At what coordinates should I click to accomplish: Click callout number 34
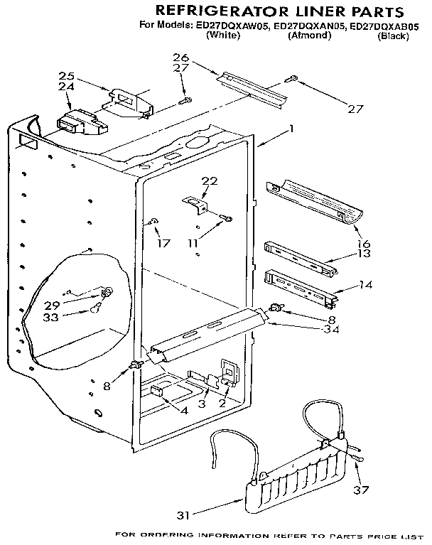pyautogui.click(x=329, y=330)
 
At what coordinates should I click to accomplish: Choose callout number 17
pyautogui.click(x=163, y=243)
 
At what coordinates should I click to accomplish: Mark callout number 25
pyautogui.click(x=66, y=76)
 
